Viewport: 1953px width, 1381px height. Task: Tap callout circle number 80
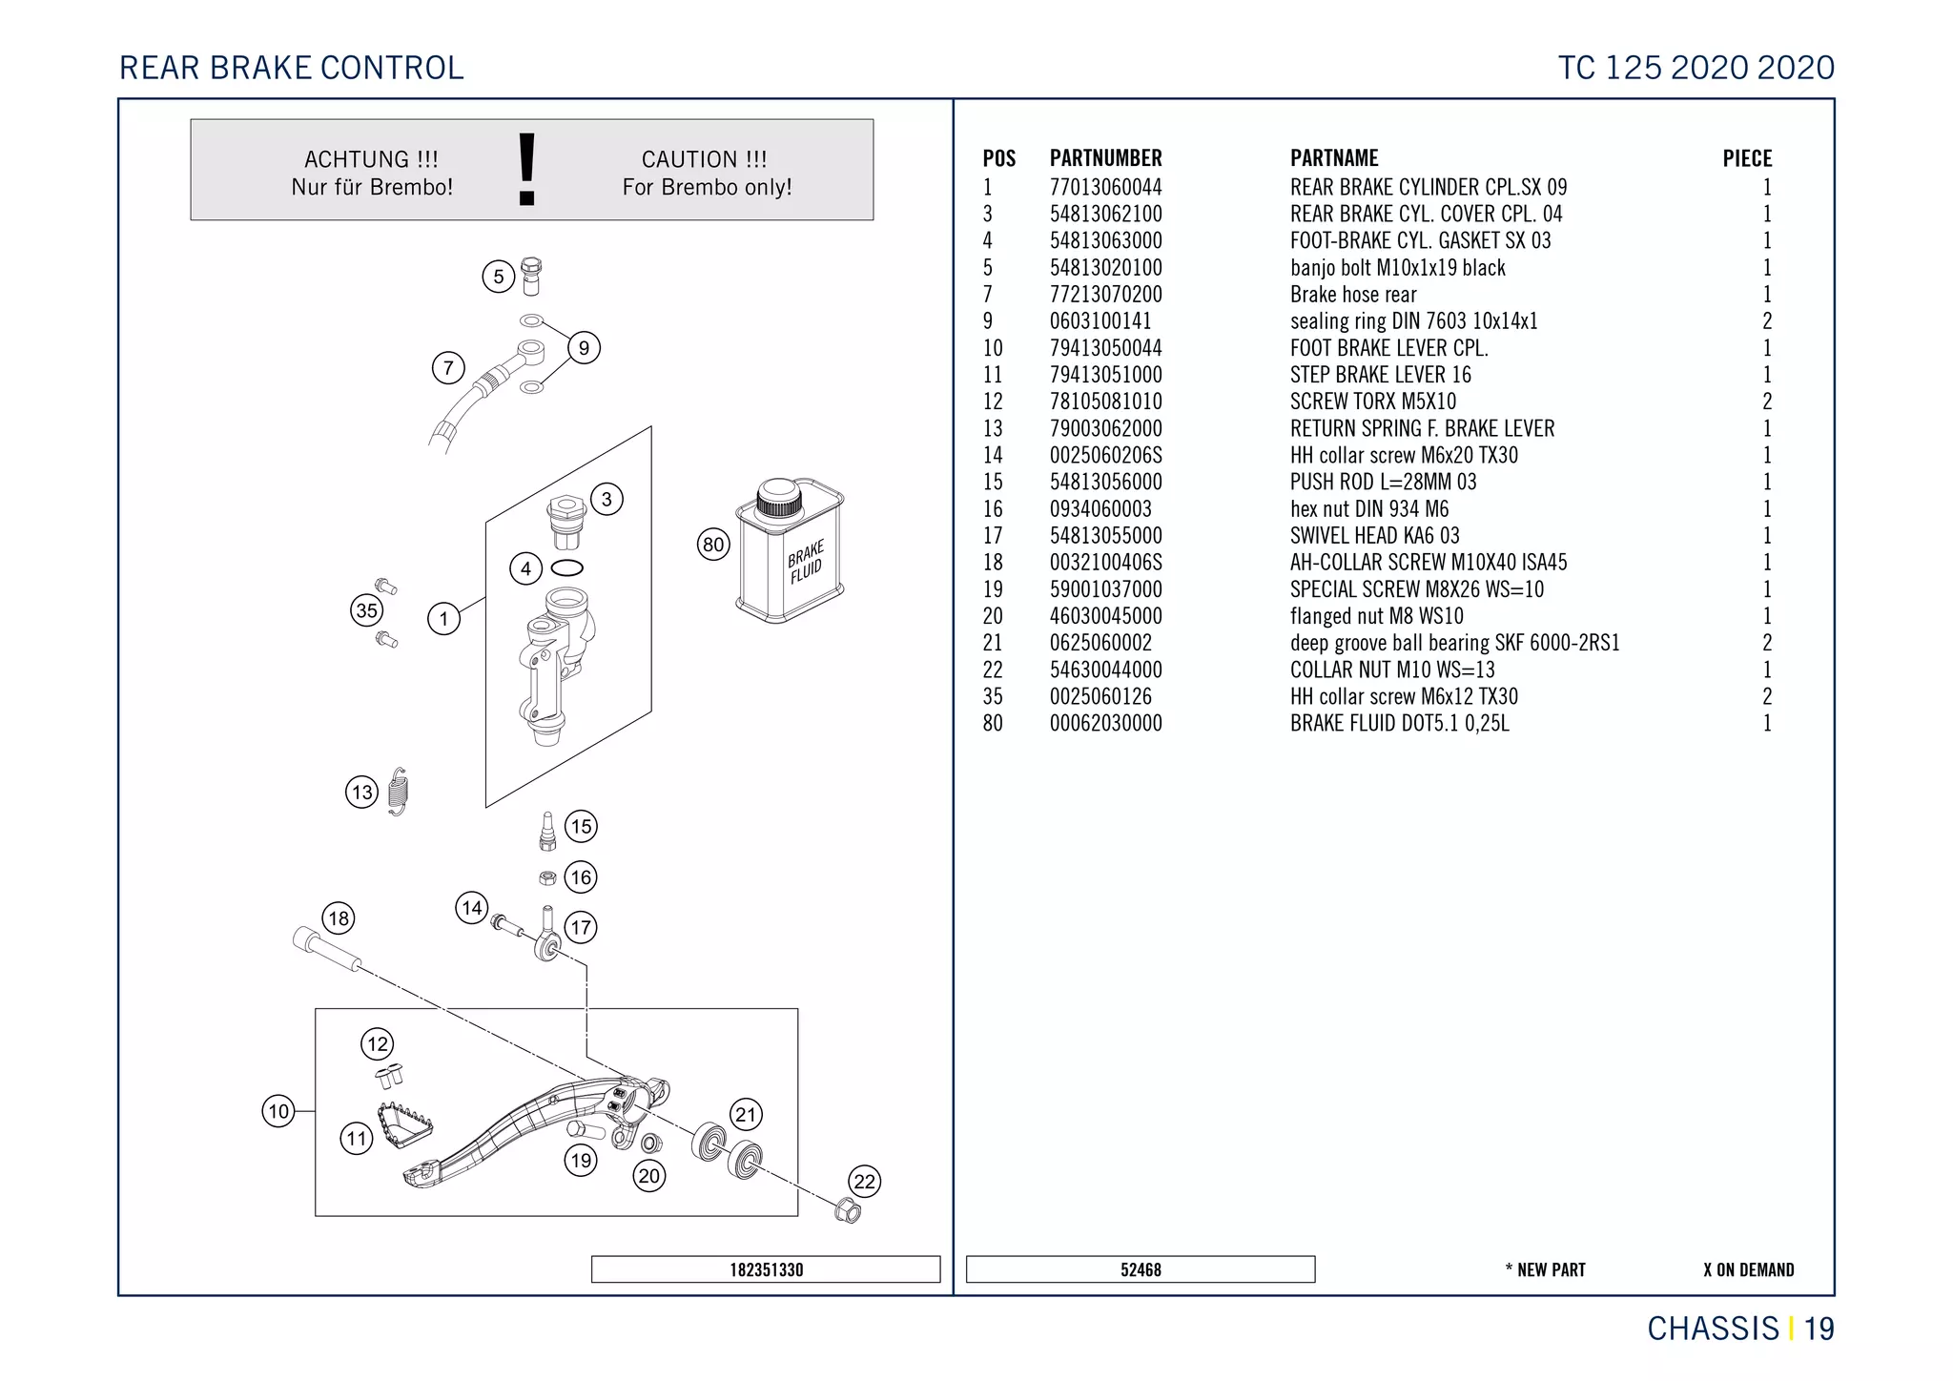[713, 545]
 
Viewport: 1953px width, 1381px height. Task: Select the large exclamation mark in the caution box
[526, 170]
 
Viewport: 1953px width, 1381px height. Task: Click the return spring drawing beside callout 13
[399, 792]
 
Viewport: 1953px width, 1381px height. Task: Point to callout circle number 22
[864, 1182]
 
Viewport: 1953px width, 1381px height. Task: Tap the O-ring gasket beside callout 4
[567, 568]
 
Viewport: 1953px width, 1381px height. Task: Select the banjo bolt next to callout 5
[532, 276]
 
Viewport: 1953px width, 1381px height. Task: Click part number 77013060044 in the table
[1105, 187]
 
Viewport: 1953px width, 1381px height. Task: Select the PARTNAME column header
[1334, 158]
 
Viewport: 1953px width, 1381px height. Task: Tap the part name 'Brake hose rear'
[1353, 295]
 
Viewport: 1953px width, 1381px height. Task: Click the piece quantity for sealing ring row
[1766, 321]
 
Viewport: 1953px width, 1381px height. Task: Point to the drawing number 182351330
[766, 1269]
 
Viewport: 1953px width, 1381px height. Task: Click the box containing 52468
[1141, 1269]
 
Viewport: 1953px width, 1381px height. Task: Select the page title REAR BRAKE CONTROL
[292, 68]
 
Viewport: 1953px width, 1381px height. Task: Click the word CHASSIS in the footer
[1713, 1329]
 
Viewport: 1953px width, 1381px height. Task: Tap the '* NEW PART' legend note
[1545, 1269]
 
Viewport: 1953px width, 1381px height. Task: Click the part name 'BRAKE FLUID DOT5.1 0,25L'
[1399, 723]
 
